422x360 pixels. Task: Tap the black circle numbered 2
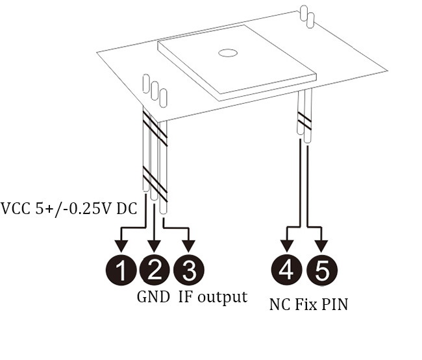tap(154, 269)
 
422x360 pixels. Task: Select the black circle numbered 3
tap(189, 269)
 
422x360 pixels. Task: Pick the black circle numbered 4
tap(286, 269)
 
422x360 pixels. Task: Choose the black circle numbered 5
tap(321, 269)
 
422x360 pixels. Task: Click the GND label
tap(153, 297)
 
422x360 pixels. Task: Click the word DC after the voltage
tap(128, 209)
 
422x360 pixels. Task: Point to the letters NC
tap(279, 304)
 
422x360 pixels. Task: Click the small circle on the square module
tap(228, 53)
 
